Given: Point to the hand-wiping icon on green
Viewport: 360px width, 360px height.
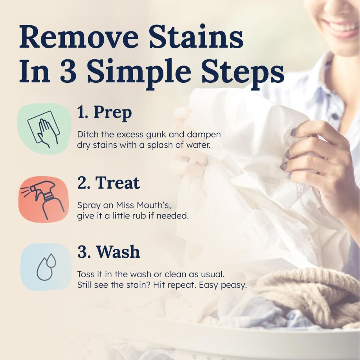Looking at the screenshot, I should (x=42, y=129).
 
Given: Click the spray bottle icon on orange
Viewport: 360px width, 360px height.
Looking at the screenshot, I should (x=42, y=199).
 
